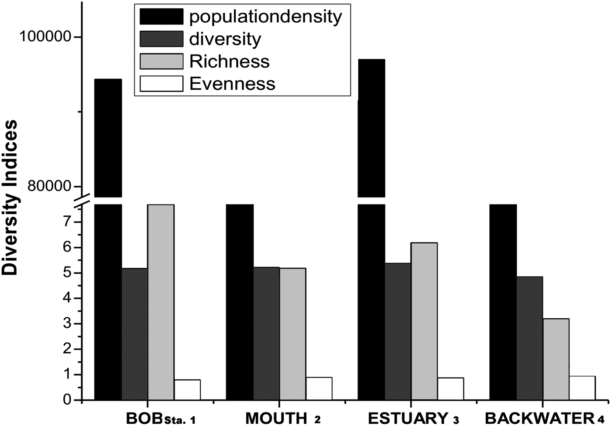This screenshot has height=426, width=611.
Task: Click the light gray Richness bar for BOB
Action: pyautogui.click(x=161, y=302)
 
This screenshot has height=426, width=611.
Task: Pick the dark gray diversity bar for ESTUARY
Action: pyautogui.click(x=398, y=331)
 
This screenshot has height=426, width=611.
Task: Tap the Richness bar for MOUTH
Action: pyautogui.click(x=292, y=334)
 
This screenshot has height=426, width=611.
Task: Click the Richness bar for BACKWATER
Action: pyautogui.click(x=556, y=359)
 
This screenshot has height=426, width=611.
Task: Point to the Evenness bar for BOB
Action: pyautogui.click(x=187, y=390)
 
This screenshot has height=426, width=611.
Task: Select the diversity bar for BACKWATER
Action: pyautogui.click(x=529, y=338)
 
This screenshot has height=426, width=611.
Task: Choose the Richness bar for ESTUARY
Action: pyautogui.click(x=424, y=321)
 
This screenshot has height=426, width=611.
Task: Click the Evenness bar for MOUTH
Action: pyautogui.click(x=319, y=389)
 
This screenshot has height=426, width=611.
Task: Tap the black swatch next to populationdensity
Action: pyautogui.click(x=161, y=17)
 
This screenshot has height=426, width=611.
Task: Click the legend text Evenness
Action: pyautogui.click(x=232, y=84)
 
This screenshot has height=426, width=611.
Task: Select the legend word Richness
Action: pyautogui.click(x=229, y=61)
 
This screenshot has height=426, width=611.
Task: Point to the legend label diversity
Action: pyautogui.click(x=225, y=39)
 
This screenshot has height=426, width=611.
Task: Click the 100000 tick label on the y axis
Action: pyautogui.click(x=45, y=37)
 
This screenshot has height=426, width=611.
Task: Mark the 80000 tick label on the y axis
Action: pyautogui.click(x=49, y=186)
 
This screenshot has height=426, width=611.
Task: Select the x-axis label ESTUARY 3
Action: pyautogui.click(x=413, y=418)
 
